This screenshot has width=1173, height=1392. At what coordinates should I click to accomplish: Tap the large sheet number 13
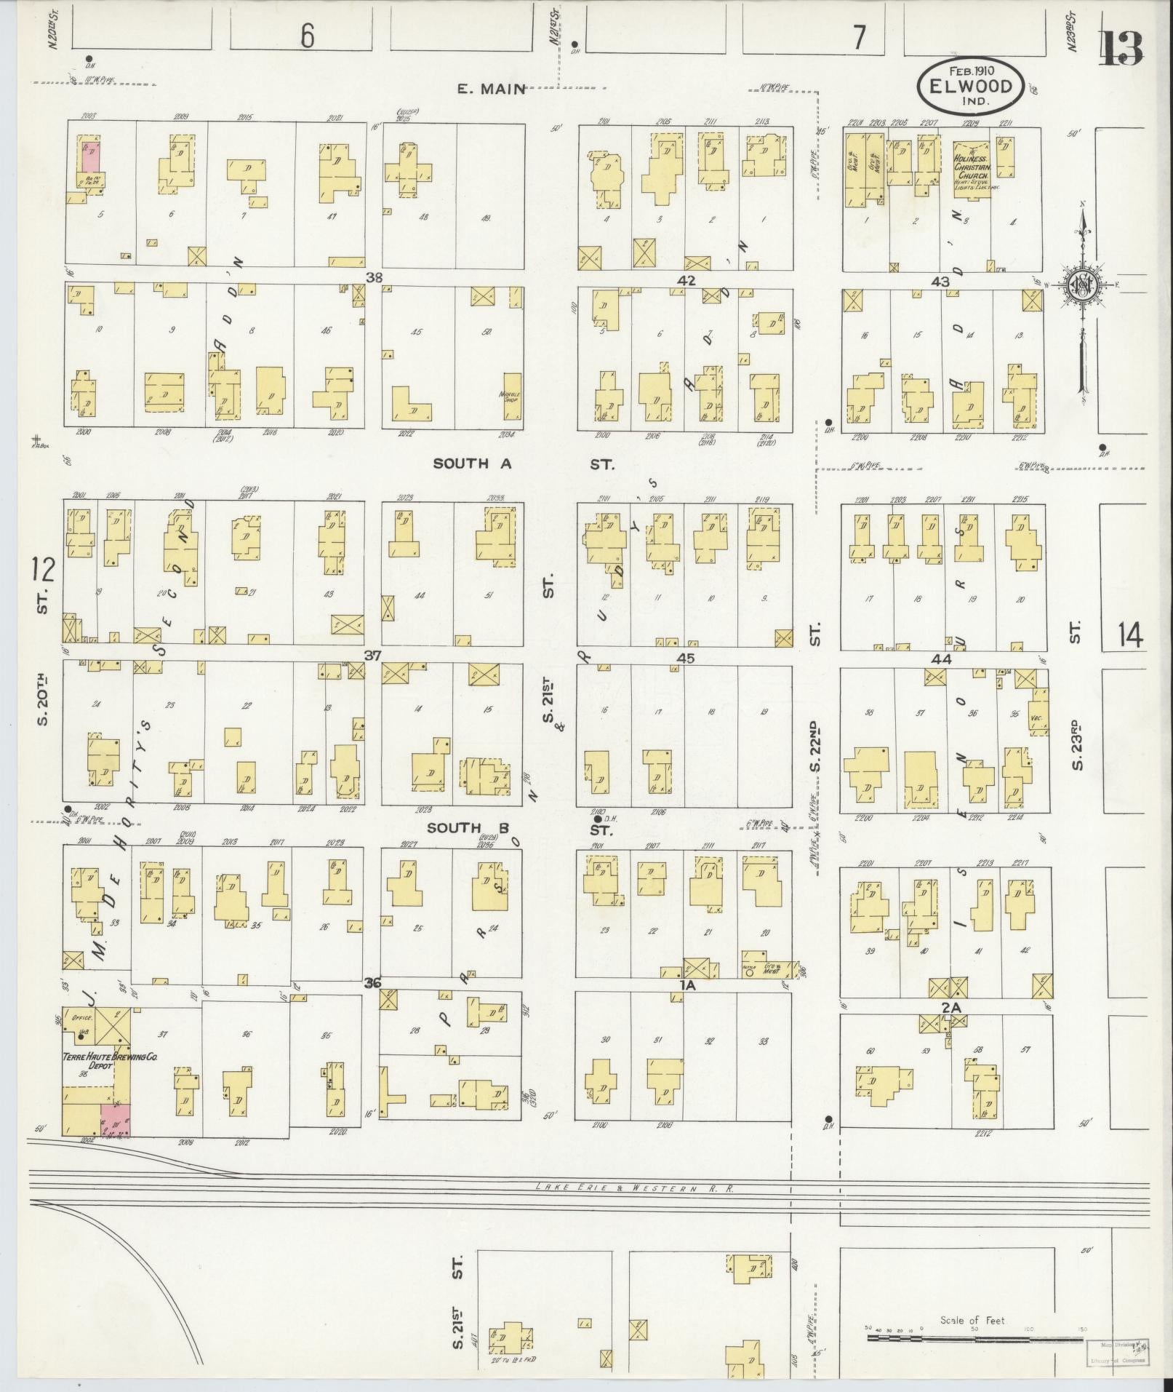pyautogui.click(x=1121, y=49)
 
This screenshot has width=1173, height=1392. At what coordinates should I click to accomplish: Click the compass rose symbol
pyautogui.click(x=1082, y=287)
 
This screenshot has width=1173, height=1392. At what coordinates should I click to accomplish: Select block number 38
pyautogui.click(x=375, y=277)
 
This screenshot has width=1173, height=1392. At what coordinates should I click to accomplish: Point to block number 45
pyautogui.click(x=685, y=659)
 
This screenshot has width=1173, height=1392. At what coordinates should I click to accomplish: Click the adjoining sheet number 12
pyautogui.click(x=44, y=570)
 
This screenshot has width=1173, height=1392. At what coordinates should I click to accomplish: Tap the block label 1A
pyautogui.click(x=687, y=985)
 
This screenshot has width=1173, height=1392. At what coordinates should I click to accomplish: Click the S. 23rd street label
pyautogui.click(x=1077, y=745)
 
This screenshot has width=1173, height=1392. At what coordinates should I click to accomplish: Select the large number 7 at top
pyautogui.click(x=860, y=38)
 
